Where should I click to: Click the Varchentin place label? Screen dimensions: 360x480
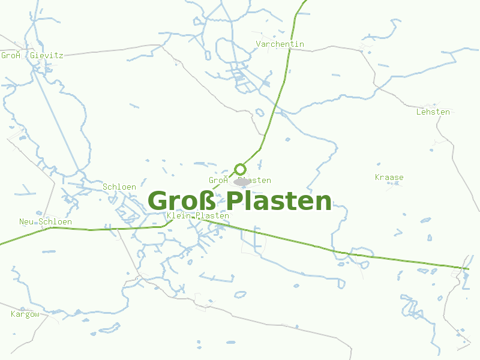280,44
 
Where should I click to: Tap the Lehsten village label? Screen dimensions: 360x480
433,112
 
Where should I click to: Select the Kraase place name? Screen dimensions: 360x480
389,178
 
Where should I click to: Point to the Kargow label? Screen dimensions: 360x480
25,314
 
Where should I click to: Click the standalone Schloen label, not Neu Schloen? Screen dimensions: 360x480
119,187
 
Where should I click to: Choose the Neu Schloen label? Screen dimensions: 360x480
46,222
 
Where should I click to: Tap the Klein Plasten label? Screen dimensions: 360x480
199,216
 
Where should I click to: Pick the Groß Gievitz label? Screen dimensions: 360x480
32,55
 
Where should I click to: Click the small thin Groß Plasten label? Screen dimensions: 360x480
240,181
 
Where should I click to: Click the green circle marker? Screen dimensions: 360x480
240,169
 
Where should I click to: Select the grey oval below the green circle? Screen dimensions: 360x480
242,181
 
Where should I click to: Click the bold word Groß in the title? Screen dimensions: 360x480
184,202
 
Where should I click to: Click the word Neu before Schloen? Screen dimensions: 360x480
26,222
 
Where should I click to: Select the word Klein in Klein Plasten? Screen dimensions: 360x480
180,216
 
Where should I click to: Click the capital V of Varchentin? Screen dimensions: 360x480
259,44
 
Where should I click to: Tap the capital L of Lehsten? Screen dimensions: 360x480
419,112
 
